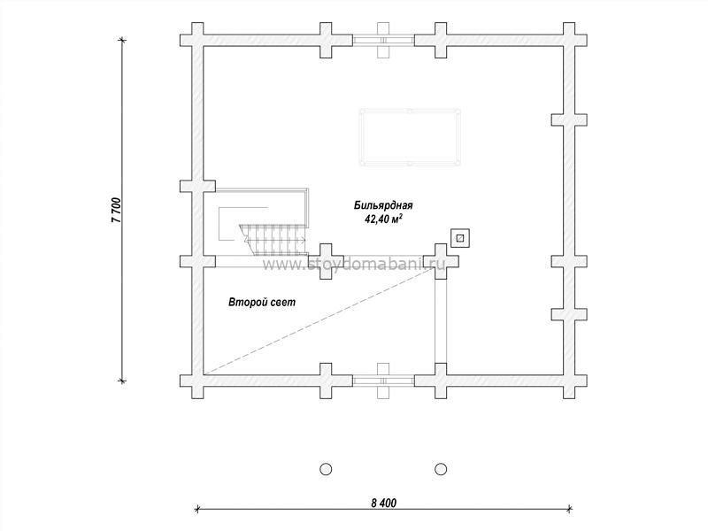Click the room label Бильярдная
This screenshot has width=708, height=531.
(x=383, y=206)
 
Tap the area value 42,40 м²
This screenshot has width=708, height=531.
(x=383, y=219)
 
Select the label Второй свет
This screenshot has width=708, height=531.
(x=262, y=302)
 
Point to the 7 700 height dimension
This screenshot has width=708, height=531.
(x=116, y=210)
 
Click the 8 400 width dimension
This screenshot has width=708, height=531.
(x=384, y=503)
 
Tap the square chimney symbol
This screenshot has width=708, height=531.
(x=460, y=238)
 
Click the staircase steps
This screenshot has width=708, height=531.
(x=273, y=239)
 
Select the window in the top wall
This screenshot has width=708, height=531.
(x=383, y=40)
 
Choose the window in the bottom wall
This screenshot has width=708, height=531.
(x=383, y=381)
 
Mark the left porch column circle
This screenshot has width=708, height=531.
(x=326, y=469)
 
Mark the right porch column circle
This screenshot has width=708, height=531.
(x=441, y=469)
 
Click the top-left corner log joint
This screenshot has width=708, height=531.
(x=197, y=40)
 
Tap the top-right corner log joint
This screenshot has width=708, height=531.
(x=569, y=40)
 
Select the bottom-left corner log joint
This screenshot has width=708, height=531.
(x=197, y=381)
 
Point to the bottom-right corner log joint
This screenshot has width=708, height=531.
(x=569, y=381)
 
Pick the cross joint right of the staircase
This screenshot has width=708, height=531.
(x=326, y=261)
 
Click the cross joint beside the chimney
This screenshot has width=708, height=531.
(x=441, y=261)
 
